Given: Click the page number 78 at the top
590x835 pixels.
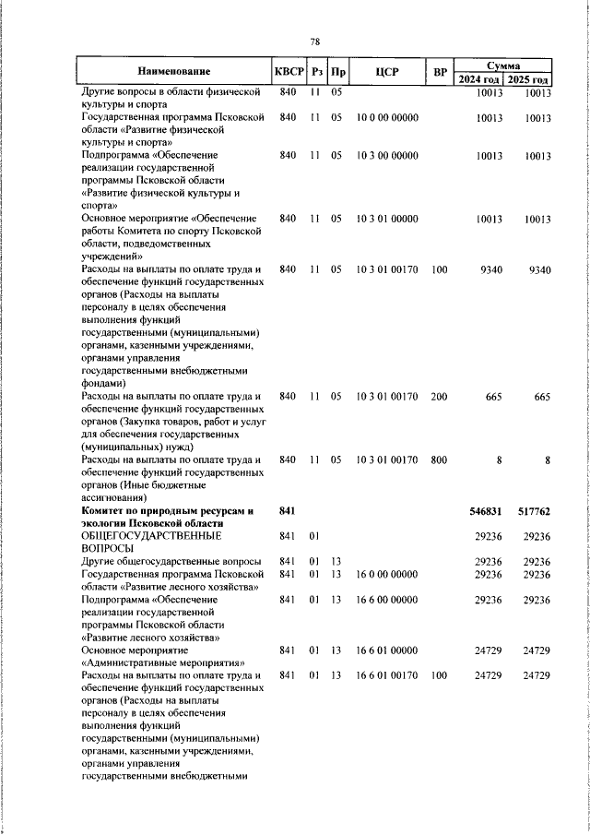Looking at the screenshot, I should pos(314,42).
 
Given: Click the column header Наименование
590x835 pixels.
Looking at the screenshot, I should pos(174,71).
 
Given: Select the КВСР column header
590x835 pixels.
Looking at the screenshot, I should pos(289,71).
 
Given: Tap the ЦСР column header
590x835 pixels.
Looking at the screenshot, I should pos(387,71).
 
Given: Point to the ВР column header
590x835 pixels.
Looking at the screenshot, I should pos(440,71).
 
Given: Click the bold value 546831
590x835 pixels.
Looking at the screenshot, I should pos(487,510).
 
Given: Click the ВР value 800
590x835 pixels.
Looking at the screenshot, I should pos(439,459).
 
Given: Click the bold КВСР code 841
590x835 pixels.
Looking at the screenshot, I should pos(286,510).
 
